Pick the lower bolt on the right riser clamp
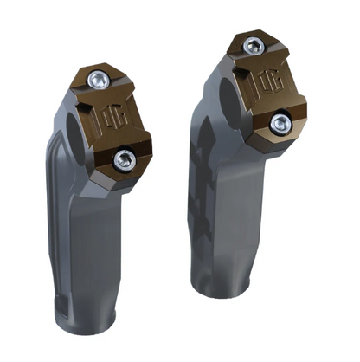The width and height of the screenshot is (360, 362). [279, 123]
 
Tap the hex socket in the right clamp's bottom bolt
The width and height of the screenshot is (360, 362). [279, 123]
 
